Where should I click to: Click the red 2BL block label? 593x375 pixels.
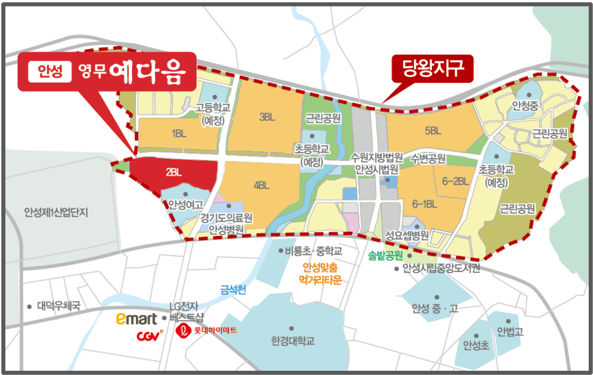[174, 172]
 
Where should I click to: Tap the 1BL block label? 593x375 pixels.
[179, 134]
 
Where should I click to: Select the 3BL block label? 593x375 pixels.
[267, 117]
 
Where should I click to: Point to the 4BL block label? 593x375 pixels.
[261, 186]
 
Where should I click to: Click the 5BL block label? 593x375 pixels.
[433, 131]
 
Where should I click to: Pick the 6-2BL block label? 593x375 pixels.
[455, 181]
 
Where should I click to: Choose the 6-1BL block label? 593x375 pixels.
[424, 204]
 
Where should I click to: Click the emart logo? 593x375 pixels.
[136, 319]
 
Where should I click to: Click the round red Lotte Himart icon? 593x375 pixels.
[183, 331]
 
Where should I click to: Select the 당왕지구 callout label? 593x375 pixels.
[433, 68]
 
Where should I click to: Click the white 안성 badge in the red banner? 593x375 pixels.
[50, 72]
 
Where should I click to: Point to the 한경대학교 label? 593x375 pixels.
[293, 341]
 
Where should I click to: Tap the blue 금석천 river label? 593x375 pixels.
[233, 290]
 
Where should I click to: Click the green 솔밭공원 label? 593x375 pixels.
[385, 256]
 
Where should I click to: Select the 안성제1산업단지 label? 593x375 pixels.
[56, 212]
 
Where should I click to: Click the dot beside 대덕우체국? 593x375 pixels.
[29, 307]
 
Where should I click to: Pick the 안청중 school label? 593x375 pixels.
[525, 106]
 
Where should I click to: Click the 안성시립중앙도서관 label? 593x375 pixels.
[441, 268]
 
